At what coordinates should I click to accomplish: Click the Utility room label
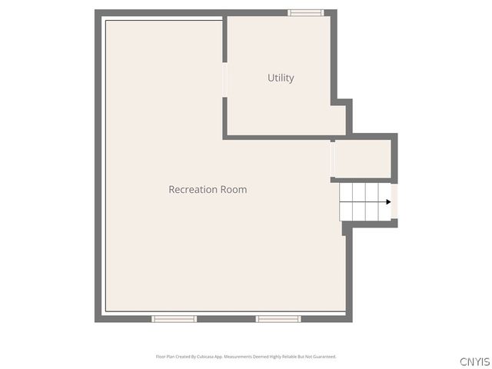(x=281, y=78)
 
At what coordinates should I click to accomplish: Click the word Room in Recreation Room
(x=234, y=189)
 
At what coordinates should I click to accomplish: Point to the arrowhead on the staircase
(x=388, y=202)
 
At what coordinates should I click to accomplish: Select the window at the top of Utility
(x=306, y=12)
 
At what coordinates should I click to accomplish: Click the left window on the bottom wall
(x=174, y=318)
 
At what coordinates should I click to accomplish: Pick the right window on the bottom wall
(x=278, y=318)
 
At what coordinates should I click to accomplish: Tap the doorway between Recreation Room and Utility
(x=224, y=79)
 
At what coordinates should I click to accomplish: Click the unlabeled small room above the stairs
(x=363, y=159)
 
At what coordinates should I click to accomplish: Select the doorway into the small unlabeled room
(x=333, y=160)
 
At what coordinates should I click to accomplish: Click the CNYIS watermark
(x=474, y=361)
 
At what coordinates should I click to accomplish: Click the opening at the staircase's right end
(x=394, y=201)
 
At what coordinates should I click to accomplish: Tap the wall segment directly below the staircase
(x=370, y=224)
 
